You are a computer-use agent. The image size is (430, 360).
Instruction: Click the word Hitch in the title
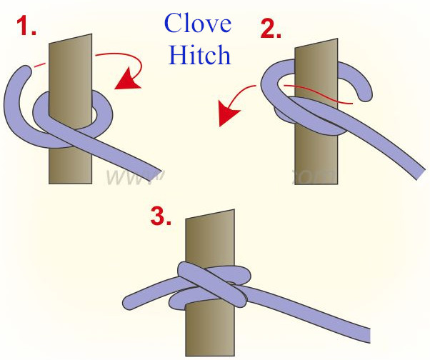pyautogui.click(x=199, y=54)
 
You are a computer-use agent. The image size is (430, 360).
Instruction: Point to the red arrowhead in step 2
pyautogui.click(x=227, y=116)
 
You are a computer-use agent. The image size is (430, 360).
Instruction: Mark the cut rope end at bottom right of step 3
pyautogui.click(x=367, y=336)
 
